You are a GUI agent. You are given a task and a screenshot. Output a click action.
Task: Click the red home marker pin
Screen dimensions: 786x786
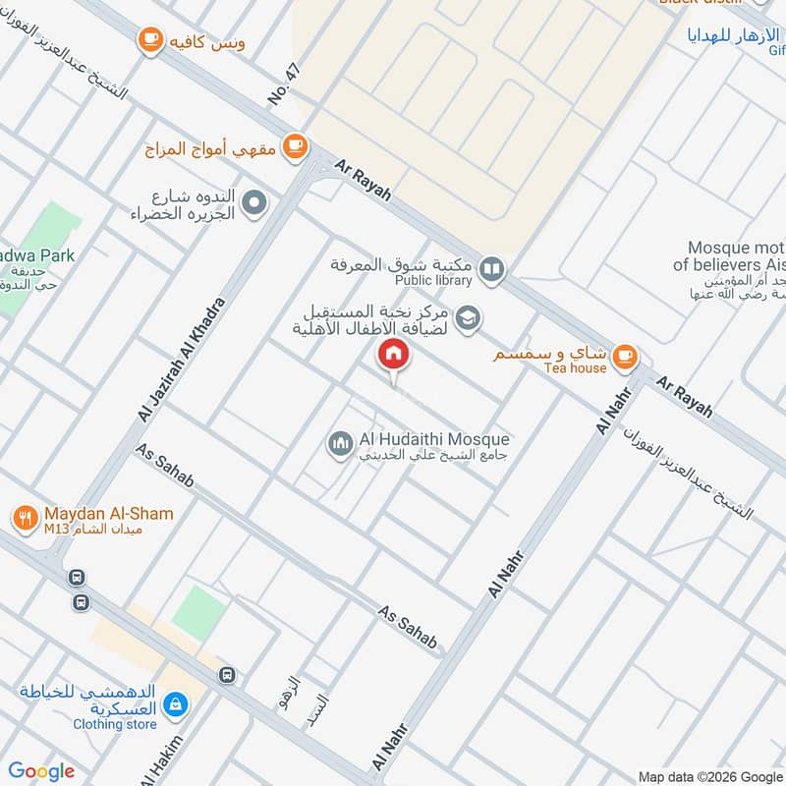[x=394, y=355]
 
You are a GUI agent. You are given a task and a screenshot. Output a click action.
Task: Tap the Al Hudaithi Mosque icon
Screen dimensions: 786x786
[x=340, y=445]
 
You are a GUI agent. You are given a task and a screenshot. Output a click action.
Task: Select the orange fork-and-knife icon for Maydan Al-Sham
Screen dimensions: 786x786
[x=26, y=517]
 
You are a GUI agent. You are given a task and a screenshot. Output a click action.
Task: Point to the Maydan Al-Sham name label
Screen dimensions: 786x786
[x=108, y=514]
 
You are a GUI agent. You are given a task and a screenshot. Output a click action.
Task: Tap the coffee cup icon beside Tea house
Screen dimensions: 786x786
[x=623, y=358]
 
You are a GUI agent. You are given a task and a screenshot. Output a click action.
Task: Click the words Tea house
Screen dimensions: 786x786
[x=575, y=367]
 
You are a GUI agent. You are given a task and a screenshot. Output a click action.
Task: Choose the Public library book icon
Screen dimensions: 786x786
[x=492, y=268]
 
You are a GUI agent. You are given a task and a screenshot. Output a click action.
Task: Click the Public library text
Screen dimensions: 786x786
[x=435, y=280]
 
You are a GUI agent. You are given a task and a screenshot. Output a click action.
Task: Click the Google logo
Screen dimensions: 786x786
[x=41, y=771]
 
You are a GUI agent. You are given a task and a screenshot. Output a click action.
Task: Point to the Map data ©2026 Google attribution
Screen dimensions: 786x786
[x=711, y=775]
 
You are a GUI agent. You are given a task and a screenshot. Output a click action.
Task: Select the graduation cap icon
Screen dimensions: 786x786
[x=470, y=316]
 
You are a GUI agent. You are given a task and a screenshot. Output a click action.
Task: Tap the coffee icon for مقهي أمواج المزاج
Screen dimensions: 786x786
[x=293, y=145]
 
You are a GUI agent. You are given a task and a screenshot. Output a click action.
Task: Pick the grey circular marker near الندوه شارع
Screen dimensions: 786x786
[x=254, y=204]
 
